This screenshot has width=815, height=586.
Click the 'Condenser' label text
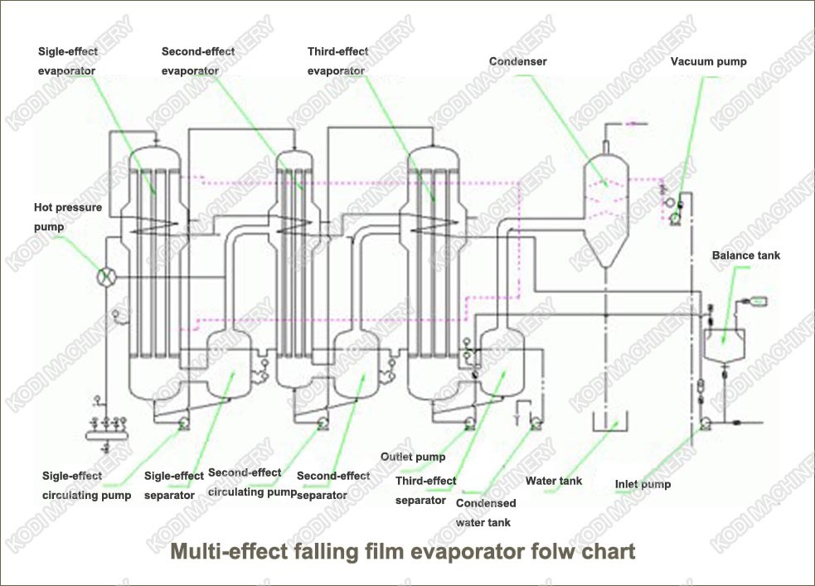[x=518, y=61]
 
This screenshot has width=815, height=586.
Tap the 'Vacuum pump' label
[x=709, y=61]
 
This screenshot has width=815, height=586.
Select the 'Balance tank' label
[x=746, y=255]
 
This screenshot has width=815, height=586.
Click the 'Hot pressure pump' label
[x=68, y=216]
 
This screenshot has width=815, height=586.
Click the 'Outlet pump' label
[x=413, y=457]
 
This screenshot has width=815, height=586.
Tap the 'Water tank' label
[x=554, y=481]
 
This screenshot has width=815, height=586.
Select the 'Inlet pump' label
[x=643, y=484]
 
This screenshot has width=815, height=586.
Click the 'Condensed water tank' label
[x=486, y=512]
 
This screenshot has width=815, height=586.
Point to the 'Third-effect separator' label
[x=425, y=490]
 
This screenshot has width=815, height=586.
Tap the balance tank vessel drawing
[x=723, y=343]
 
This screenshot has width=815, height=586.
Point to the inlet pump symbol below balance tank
[x=703, y=423]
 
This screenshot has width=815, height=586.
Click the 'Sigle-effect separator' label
[x=174, y=485]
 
